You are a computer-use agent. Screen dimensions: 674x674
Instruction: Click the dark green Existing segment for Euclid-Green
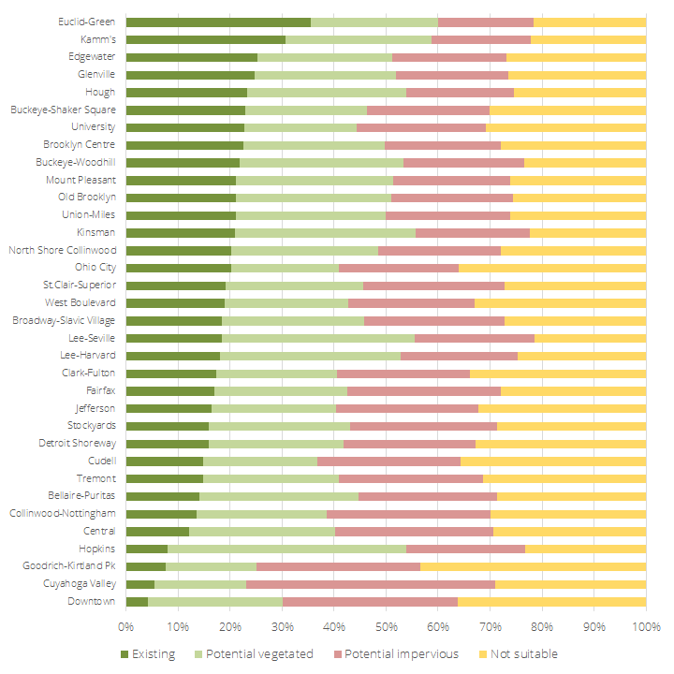tap(218, 22)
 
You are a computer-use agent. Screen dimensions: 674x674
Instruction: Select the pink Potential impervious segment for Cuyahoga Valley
tap(371, 584)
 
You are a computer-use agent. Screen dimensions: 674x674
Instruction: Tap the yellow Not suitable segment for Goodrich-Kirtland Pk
tap(533, 566)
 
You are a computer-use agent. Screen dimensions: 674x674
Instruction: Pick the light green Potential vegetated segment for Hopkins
tap(286, 549)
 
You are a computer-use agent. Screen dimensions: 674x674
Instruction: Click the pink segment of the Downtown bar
tap(370, 601)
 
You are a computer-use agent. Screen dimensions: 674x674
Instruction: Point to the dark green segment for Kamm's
tap(206, 39)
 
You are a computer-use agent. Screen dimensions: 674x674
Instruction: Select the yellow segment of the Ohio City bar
tap(552, 268)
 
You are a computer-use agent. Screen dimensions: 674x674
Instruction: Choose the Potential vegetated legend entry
tap(256, 653)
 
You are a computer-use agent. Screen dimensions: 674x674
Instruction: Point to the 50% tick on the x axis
tap(386, 624)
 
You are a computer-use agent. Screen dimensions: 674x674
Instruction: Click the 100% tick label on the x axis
tap(645, 624)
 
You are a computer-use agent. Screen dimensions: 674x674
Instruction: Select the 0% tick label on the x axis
tap(126, 624)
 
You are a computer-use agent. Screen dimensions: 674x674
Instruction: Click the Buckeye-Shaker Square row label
tap(63, 110)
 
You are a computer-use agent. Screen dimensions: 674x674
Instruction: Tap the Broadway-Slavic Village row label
tap(64, 320)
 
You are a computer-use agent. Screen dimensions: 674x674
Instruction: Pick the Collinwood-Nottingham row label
tap(62, 513)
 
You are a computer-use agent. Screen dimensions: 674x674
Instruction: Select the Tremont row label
tap(97, 478)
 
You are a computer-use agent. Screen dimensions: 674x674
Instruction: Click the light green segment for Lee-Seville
tap(318, 338)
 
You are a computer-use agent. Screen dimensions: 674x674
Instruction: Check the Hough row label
tap(100, 93)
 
